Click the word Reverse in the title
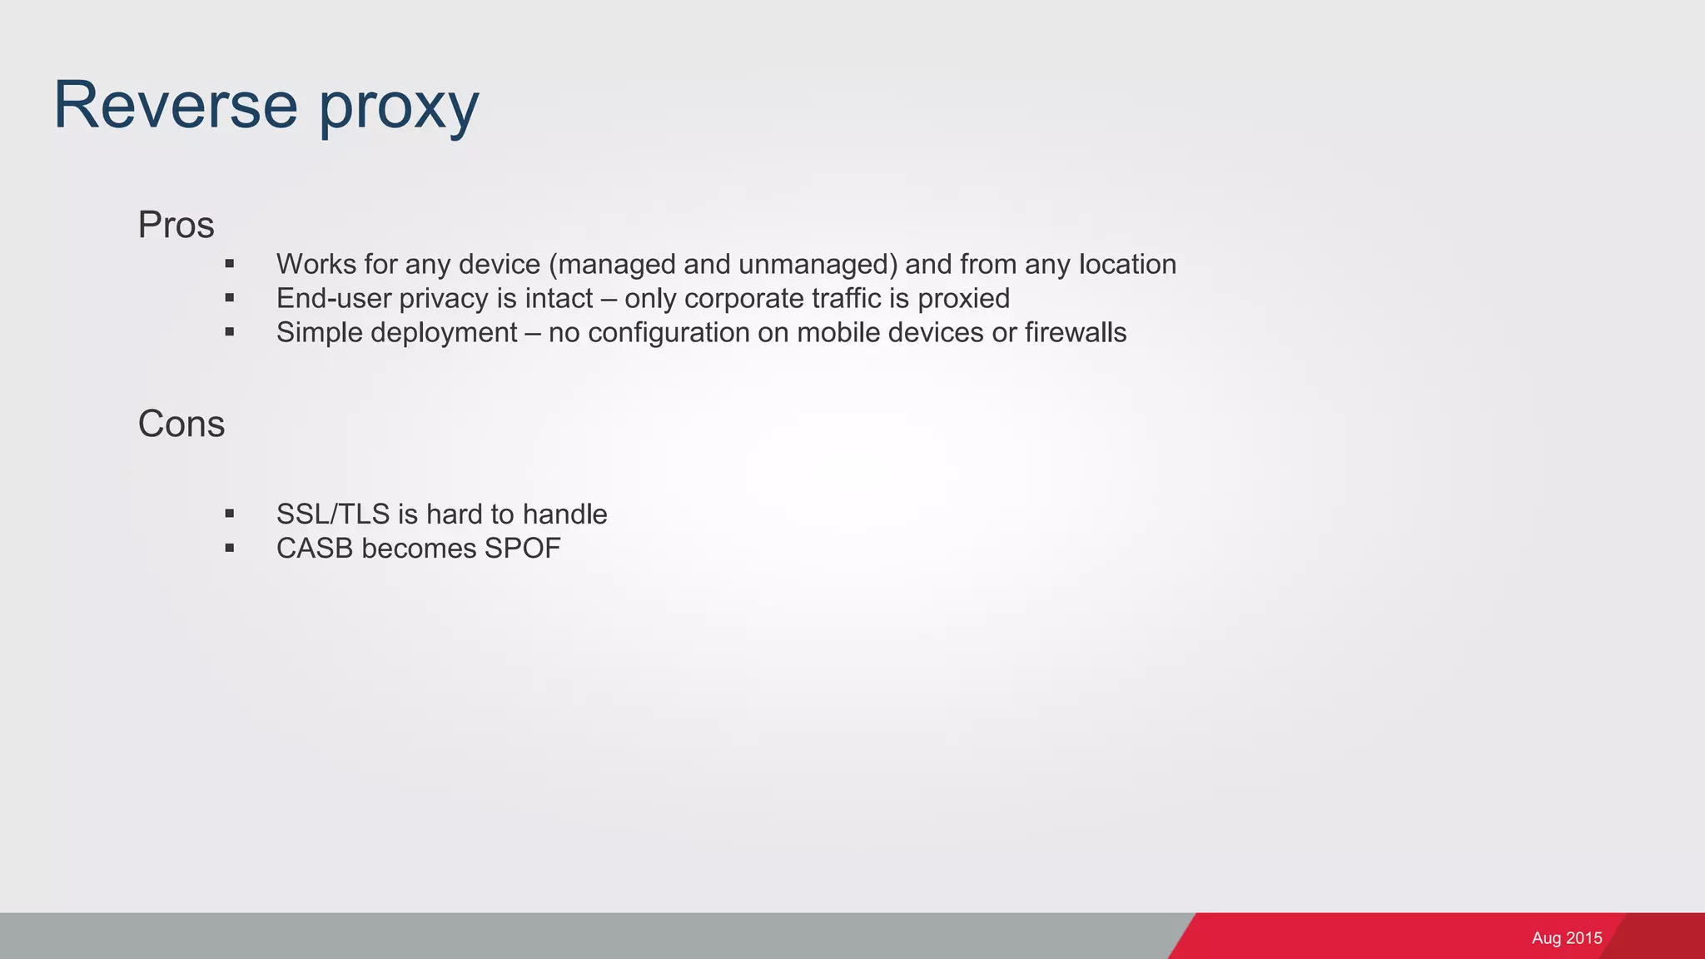point(176,105)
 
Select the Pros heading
point(176,225)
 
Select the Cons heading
point(181,424)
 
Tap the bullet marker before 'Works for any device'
point(230,265)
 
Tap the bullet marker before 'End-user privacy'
point(230,298)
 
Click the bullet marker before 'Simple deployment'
point(230,332)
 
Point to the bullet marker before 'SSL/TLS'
point(230,514)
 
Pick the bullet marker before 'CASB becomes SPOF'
point(230,549)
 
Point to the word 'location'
point(1127,265)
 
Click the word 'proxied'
point(963,299)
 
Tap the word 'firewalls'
point(1076,332)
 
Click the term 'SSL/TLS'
point(333,514)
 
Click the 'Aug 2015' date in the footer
point(1567,938)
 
